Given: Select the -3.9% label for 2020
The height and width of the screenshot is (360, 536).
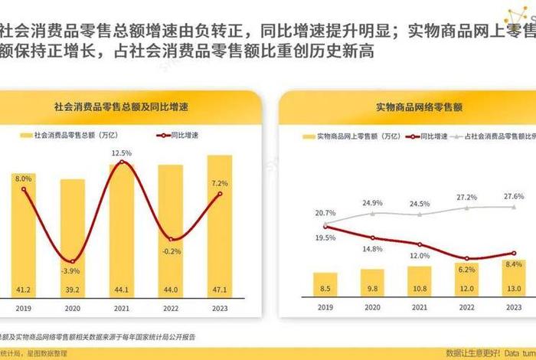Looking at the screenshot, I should pyautogui.click(x=71, y=271).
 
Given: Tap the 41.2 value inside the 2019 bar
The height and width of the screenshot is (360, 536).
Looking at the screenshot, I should pyautogui.click(x=24, y=290).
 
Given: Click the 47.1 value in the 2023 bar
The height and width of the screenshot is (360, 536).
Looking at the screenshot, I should pyautogui.click(x=220, y=290).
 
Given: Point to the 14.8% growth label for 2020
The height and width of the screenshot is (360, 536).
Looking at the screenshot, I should pyautogui.click(x=373, y=249).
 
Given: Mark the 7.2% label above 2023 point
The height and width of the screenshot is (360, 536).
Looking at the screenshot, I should pyautogui.click(x=220, y=184).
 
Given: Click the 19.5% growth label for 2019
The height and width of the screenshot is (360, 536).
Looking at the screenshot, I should pyautogui.click(x=325, y=238).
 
